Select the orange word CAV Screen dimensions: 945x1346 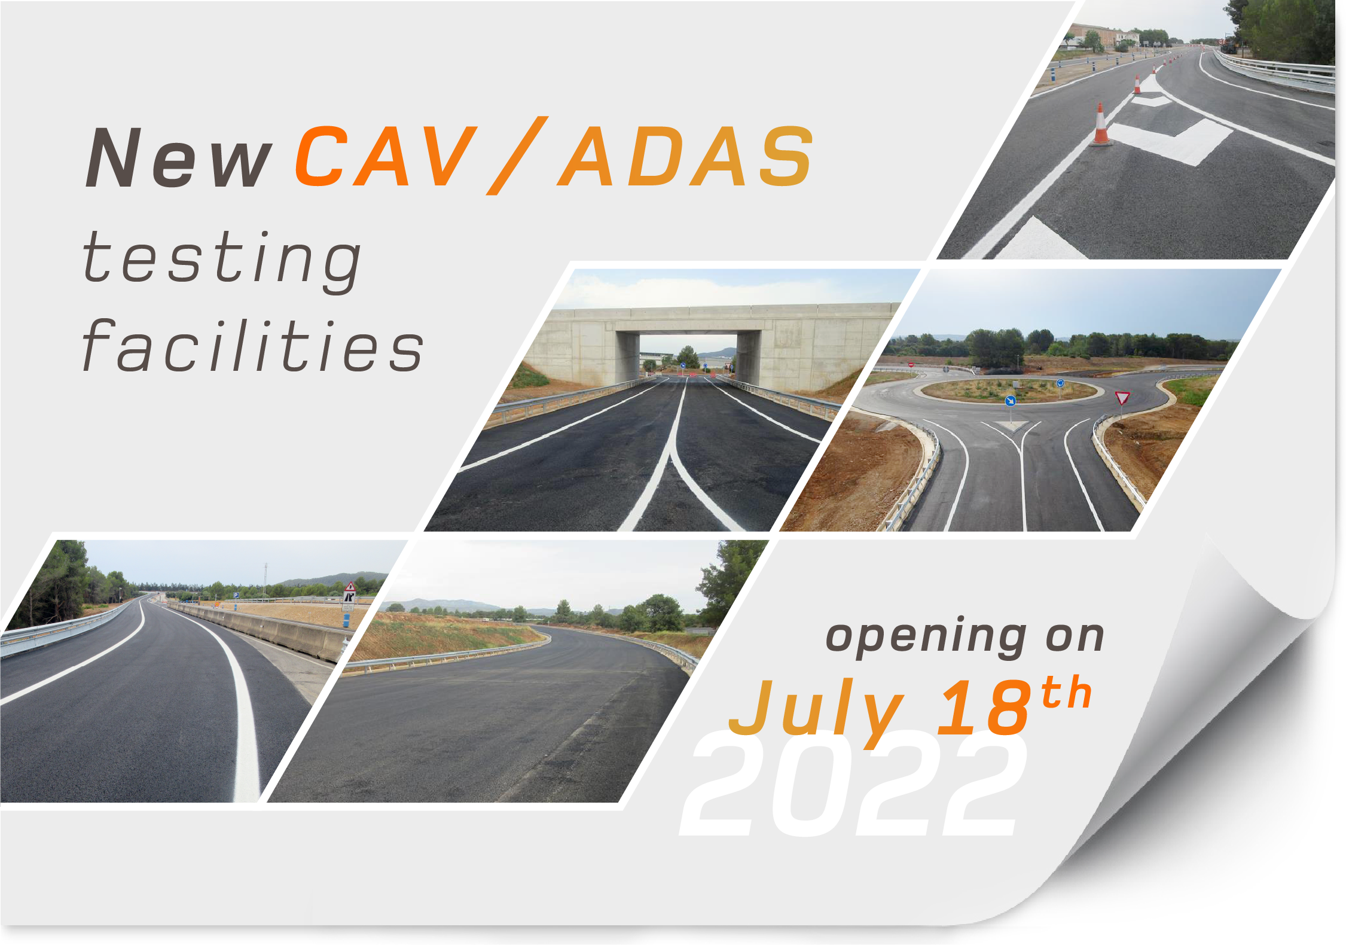tap(386, 157)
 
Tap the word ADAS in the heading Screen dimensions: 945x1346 tap(685, 157)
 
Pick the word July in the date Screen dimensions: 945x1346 tap(816, 712)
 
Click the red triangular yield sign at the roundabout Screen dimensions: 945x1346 tap(1122, 398)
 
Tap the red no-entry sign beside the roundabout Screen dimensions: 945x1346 tap(911, 364)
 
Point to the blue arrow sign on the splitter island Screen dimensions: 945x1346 tap(1011, 401)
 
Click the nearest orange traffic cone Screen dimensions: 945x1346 tap(1100, 126)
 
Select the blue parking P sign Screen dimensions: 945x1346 tap(236, 596)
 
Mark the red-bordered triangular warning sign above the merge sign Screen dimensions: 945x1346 tap(350, 587)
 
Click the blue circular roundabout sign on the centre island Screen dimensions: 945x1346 tap(1060, 383)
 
